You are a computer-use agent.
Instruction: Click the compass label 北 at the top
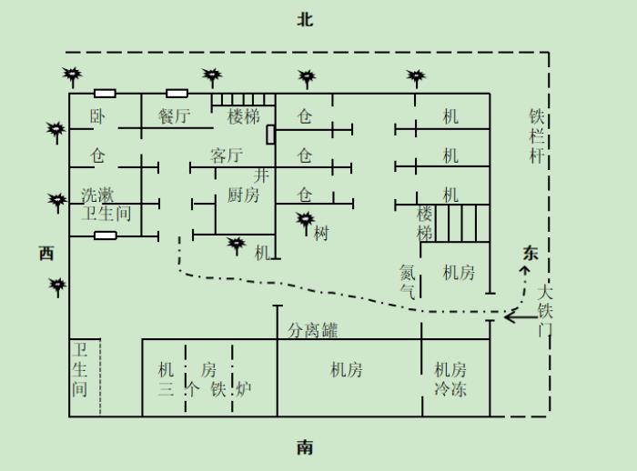click(x=305, y=19)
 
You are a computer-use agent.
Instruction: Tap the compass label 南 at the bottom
click(x=305, y=447)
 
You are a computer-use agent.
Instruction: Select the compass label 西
click(x=46, y=254)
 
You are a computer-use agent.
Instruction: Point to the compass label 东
click(x=531, y=253)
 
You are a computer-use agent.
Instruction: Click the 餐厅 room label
click(x=175, y=116)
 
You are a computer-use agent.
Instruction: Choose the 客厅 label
click(x=227, y=155)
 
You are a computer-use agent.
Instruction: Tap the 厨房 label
click(x=243, y=195)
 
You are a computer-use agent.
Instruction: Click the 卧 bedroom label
click(x=97, y=116)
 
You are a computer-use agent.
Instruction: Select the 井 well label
click(x=261, y=175)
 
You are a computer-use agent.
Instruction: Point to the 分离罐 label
click(x=313, y=330)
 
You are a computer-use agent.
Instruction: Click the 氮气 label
click(x=408, y=281)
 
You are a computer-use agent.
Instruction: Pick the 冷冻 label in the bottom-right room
click(x=450, y=389)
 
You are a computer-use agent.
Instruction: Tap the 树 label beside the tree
click(x=321, y=234)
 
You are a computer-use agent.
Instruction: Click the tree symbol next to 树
click(x=306, y=222)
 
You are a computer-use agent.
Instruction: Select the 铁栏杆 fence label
click(x=537, y=136)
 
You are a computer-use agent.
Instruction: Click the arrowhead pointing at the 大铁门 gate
click(x=509, y=316)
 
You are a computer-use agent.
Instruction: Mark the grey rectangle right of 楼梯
click(x=270, y=135)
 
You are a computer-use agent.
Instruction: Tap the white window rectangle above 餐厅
click(x=177, y=94)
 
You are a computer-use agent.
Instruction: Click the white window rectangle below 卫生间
click(x=106, y=235)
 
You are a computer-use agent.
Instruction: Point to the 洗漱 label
click(x=97, y=195)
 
